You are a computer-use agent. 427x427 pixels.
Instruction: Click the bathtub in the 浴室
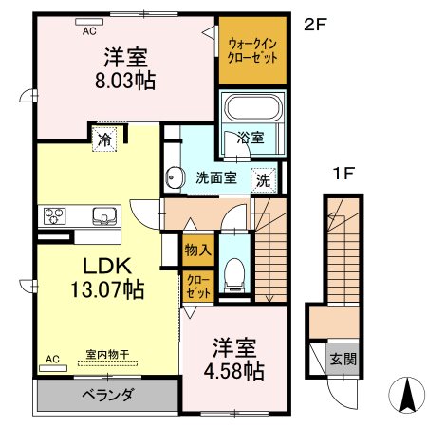[x=252, y=107]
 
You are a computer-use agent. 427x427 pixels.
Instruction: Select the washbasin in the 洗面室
[x=175, y=177]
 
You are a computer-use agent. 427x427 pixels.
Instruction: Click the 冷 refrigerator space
[x=104, y=139]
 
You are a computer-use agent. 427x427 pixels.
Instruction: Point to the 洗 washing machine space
[x=264, y=180]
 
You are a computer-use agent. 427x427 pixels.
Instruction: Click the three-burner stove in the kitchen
[x=54, y=216]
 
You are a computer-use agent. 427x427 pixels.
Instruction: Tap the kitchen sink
[x=104, y=215]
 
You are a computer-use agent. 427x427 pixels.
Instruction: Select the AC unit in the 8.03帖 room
[x=89, y=22]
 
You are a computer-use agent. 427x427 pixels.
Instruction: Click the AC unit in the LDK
[x=53, y=368]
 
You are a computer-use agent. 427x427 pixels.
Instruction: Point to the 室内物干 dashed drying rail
[x=107, y=363]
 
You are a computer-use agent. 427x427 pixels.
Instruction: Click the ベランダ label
[x=108, y=395]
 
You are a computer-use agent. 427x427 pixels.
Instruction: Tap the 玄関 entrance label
[x=343, y=360]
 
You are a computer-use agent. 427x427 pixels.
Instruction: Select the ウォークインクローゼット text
[x=252, y=50]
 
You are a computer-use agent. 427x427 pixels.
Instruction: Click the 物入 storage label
[x=198, y=251]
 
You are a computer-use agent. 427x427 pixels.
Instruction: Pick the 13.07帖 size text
[x=107, y=289]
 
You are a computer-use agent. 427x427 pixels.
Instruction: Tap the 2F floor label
[x=315, y=25]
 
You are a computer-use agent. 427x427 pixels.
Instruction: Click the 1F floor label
[x=343, y=174]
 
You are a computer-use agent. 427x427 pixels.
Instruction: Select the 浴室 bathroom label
[x=251, y=138]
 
